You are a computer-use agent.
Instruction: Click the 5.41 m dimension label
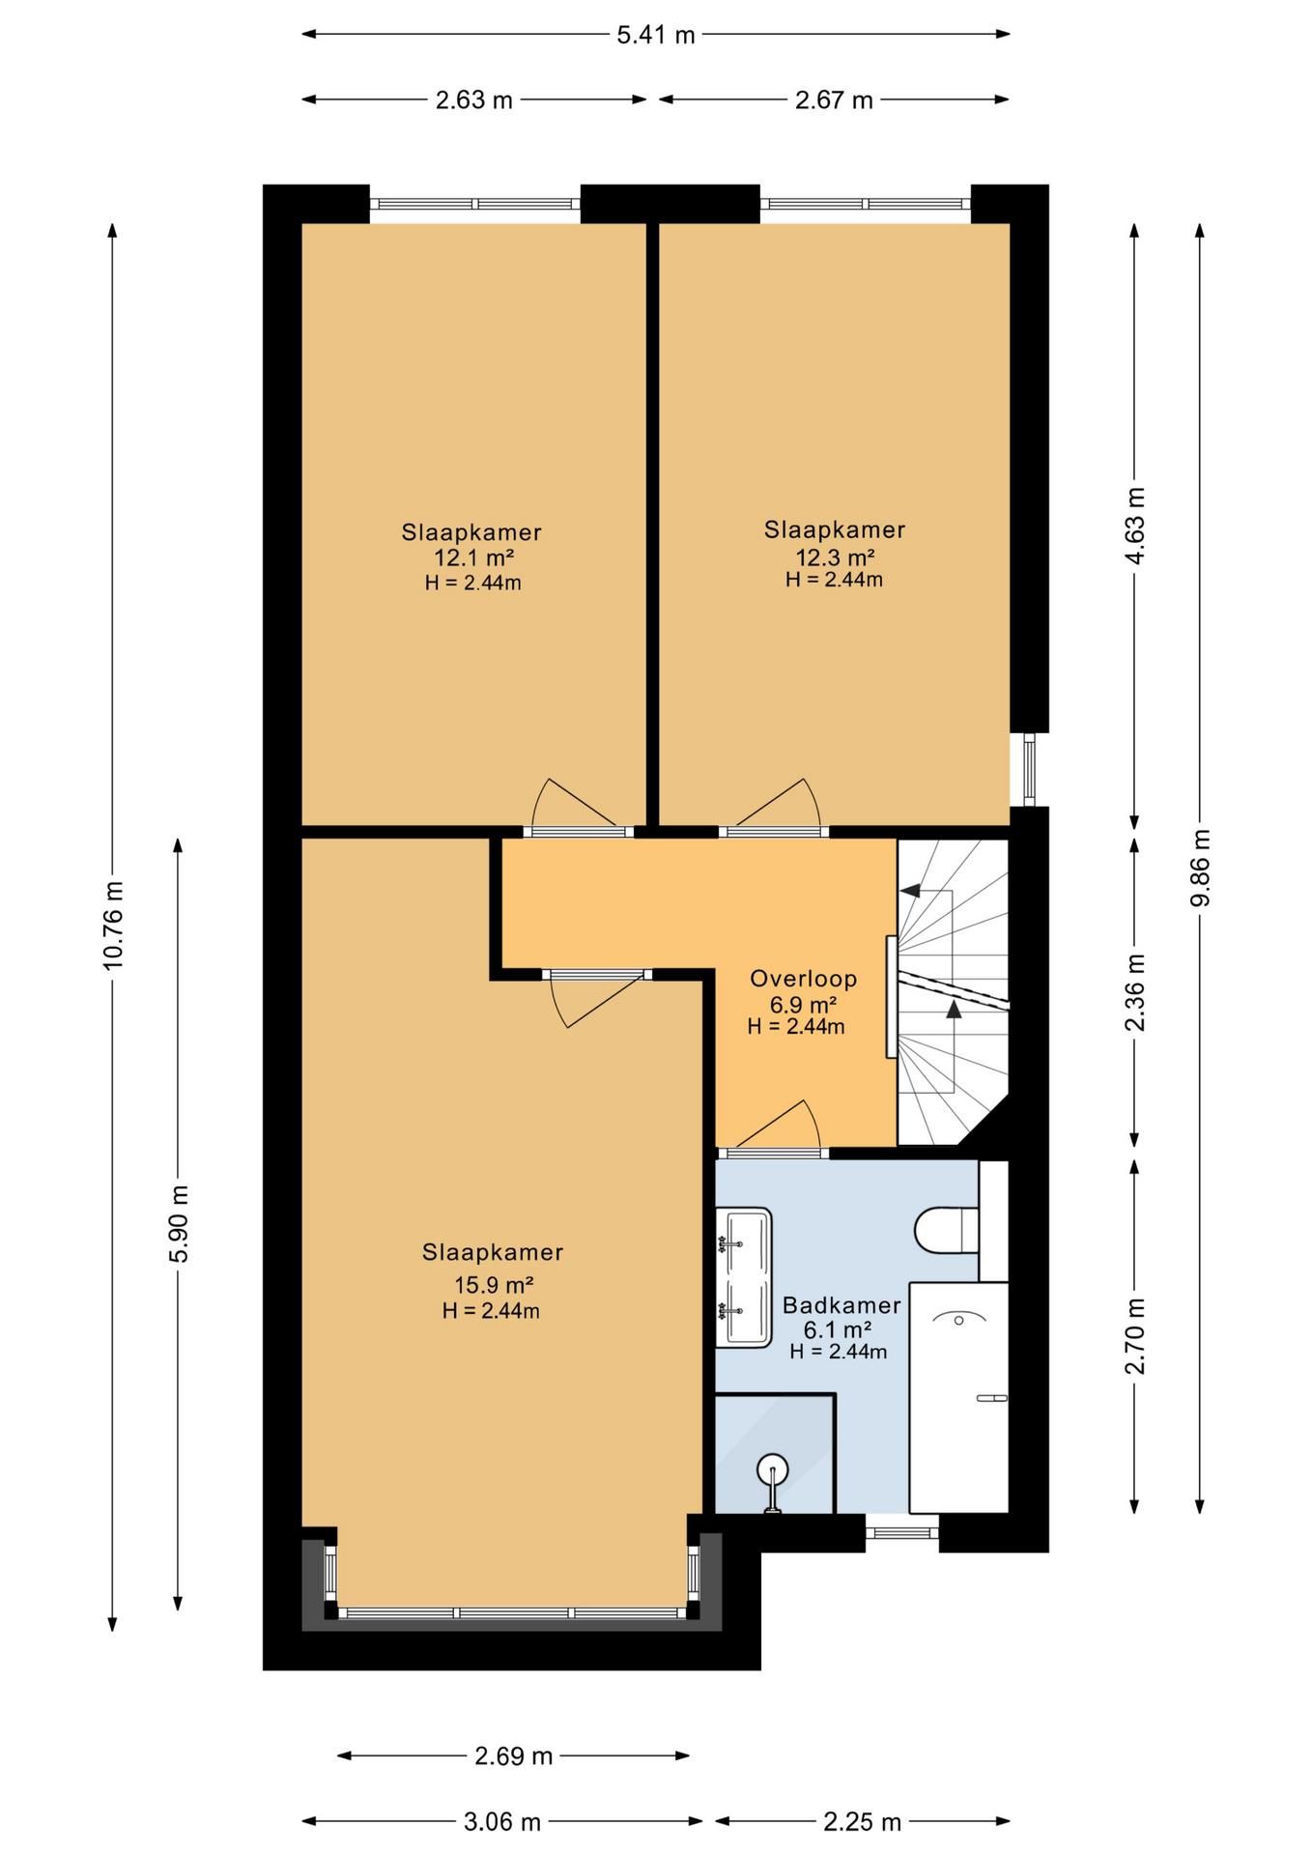[x=656, y=36]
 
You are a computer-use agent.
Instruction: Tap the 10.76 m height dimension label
[x=113, y=925]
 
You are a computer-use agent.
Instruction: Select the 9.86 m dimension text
[x=1200, y=868]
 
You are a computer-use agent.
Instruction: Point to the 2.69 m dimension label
[x=513, y=1755]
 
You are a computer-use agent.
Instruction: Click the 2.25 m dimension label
[x=862, y=1822]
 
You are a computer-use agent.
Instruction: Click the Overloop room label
[x=804, y=979]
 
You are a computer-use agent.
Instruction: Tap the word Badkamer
[x=841, y=1305]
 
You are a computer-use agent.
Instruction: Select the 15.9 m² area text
[x=494, y=1285]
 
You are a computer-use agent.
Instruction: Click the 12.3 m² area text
[x=835, y=557]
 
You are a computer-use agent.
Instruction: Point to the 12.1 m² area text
[x=473, y=557]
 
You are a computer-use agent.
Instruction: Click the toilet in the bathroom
[x=947, y=1229]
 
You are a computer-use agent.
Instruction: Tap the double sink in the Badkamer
[x=744, y=1277]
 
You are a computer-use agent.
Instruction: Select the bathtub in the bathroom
[x=959, y=1397]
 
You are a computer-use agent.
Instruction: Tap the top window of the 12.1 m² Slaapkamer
[x=474, y=204]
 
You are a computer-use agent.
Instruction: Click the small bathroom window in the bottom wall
[x=901, y=1531]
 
